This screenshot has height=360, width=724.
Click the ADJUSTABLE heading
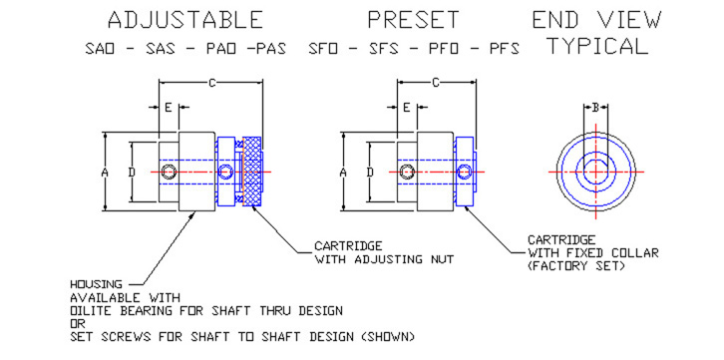click(x=185, y=20)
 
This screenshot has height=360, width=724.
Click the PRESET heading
click(x=413, y=20)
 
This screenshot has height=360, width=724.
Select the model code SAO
click(x=100, y=50)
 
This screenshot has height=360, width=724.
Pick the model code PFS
click(x=505, y=50)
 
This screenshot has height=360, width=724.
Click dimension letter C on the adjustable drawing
click(x=212, y=83)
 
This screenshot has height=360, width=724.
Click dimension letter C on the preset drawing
click(x=436, y=83)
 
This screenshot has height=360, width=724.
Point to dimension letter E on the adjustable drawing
click(x=169, y=108)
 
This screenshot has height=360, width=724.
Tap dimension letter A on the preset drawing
click(x=343, y=173)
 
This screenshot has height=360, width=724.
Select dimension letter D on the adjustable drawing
click(x=132, y=173)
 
